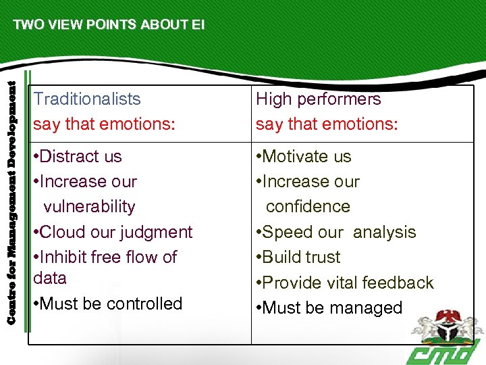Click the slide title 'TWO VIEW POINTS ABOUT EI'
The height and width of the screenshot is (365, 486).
tap(108, 25)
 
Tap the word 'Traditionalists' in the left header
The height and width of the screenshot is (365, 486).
tap(87, 99)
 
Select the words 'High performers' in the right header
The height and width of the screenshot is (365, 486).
tap(318, 99)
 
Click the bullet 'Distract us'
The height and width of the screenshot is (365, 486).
tap(78, 157)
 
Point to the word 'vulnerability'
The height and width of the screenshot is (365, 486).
tap(89, 207)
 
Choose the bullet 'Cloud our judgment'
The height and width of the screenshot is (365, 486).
tap(113, 232)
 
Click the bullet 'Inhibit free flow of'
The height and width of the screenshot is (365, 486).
tap(105, 257)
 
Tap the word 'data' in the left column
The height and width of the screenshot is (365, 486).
tap(50, 278)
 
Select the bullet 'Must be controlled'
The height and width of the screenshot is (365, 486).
tap(108, 303)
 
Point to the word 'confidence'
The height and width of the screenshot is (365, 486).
tap(308, 207)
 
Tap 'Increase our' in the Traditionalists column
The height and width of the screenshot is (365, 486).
tap(85, 182)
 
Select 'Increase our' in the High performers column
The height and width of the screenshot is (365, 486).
tap(308, 182)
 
